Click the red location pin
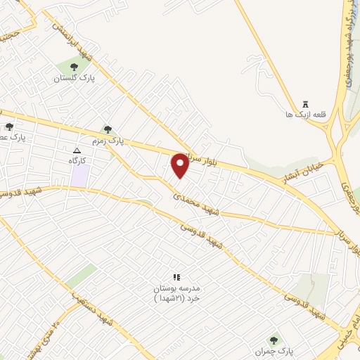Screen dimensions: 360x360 coord(180,165)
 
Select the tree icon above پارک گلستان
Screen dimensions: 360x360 coord(75,67)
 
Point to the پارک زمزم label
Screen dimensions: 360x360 coord(111,141)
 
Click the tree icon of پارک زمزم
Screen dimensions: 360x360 coord(107,129)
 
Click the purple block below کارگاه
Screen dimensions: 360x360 coord(79,176)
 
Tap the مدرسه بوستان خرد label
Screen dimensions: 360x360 coord(177,293)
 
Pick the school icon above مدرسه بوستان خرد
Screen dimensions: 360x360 coord(176,276)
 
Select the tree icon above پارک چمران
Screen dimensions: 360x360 coord(274,340)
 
